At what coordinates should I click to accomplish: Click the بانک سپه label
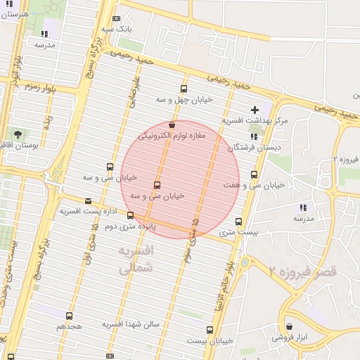click(117, 29)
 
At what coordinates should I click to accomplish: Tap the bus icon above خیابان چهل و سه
click(184, 89)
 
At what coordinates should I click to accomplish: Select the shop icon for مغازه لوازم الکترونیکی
click(173, 124)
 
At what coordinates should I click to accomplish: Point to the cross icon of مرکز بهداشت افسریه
click(255, 110)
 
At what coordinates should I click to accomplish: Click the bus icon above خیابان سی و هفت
click(254, 174)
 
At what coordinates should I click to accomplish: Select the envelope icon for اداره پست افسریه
click(88, 200)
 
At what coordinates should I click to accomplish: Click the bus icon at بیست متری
click(239, 221)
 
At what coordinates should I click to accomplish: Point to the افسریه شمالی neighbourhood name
click(135, 259)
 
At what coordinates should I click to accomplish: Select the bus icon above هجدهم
click(69, 316)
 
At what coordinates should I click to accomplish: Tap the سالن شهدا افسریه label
click(133, 324)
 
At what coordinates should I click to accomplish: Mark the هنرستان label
click(15, 14)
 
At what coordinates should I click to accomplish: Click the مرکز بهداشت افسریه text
click(255, 121)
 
